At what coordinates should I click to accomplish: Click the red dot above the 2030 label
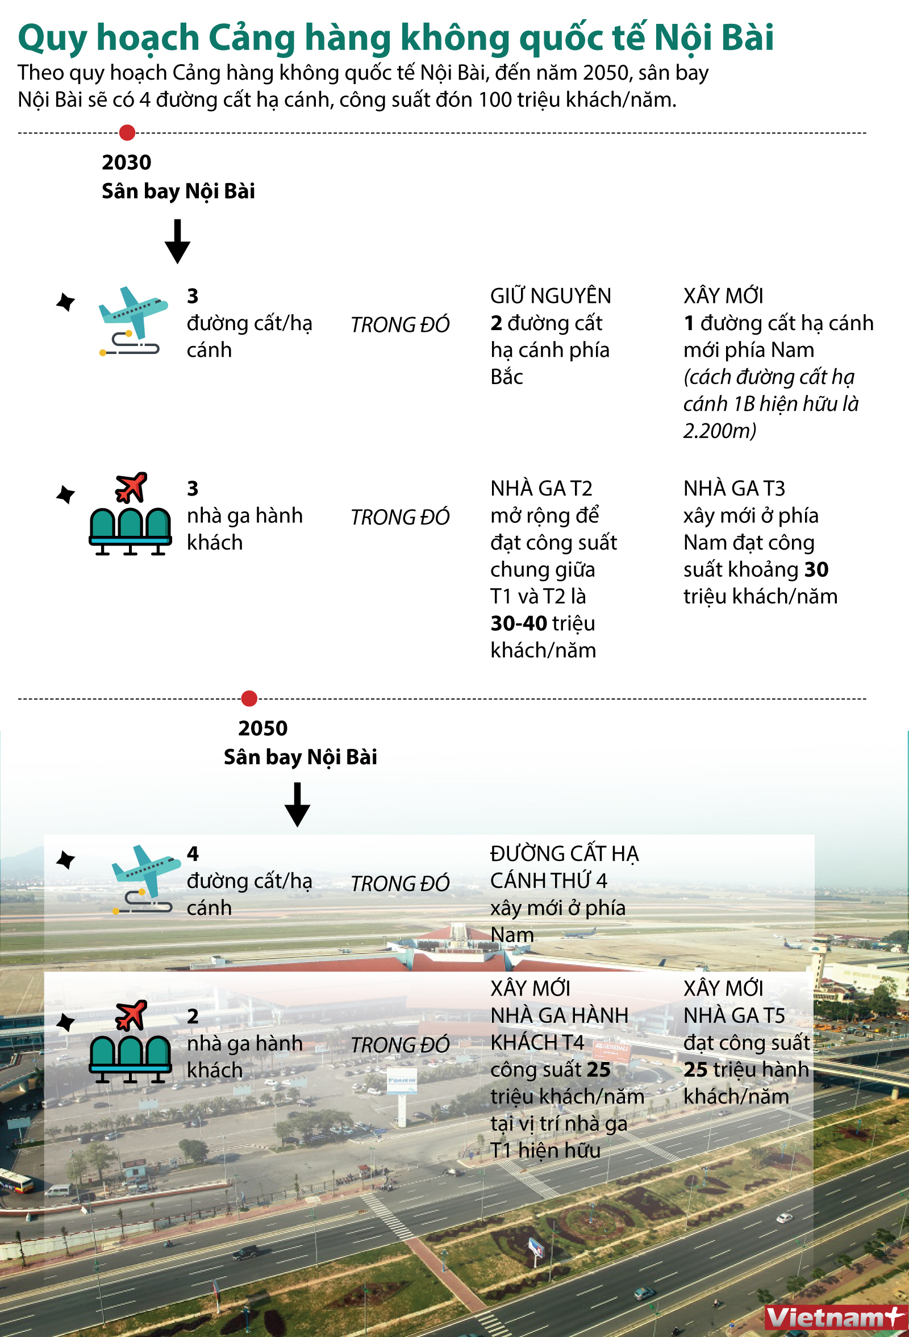127,132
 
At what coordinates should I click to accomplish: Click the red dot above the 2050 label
249,698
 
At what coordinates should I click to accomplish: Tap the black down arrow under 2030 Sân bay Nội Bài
177,241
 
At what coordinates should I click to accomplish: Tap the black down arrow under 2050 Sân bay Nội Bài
298,805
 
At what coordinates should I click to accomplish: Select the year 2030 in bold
127,163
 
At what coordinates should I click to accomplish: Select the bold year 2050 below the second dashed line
263,728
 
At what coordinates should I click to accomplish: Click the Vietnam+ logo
836,1317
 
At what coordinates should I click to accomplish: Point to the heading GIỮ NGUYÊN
551,295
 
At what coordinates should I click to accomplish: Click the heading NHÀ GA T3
734,489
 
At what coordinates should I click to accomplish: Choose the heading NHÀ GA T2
541,489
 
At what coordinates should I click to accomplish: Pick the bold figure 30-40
518,624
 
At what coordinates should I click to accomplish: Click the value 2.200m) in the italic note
720,431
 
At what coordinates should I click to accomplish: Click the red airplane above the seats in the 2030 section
131,488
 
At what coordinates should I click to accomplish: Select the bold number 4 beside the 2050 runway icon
193,854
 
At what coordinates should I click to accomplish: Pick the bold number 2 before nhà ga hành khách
193,1017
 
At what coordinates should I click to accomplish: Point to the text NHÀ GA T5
734,1016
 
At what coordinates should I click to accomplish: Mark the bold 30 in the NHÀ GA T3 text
816,569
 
